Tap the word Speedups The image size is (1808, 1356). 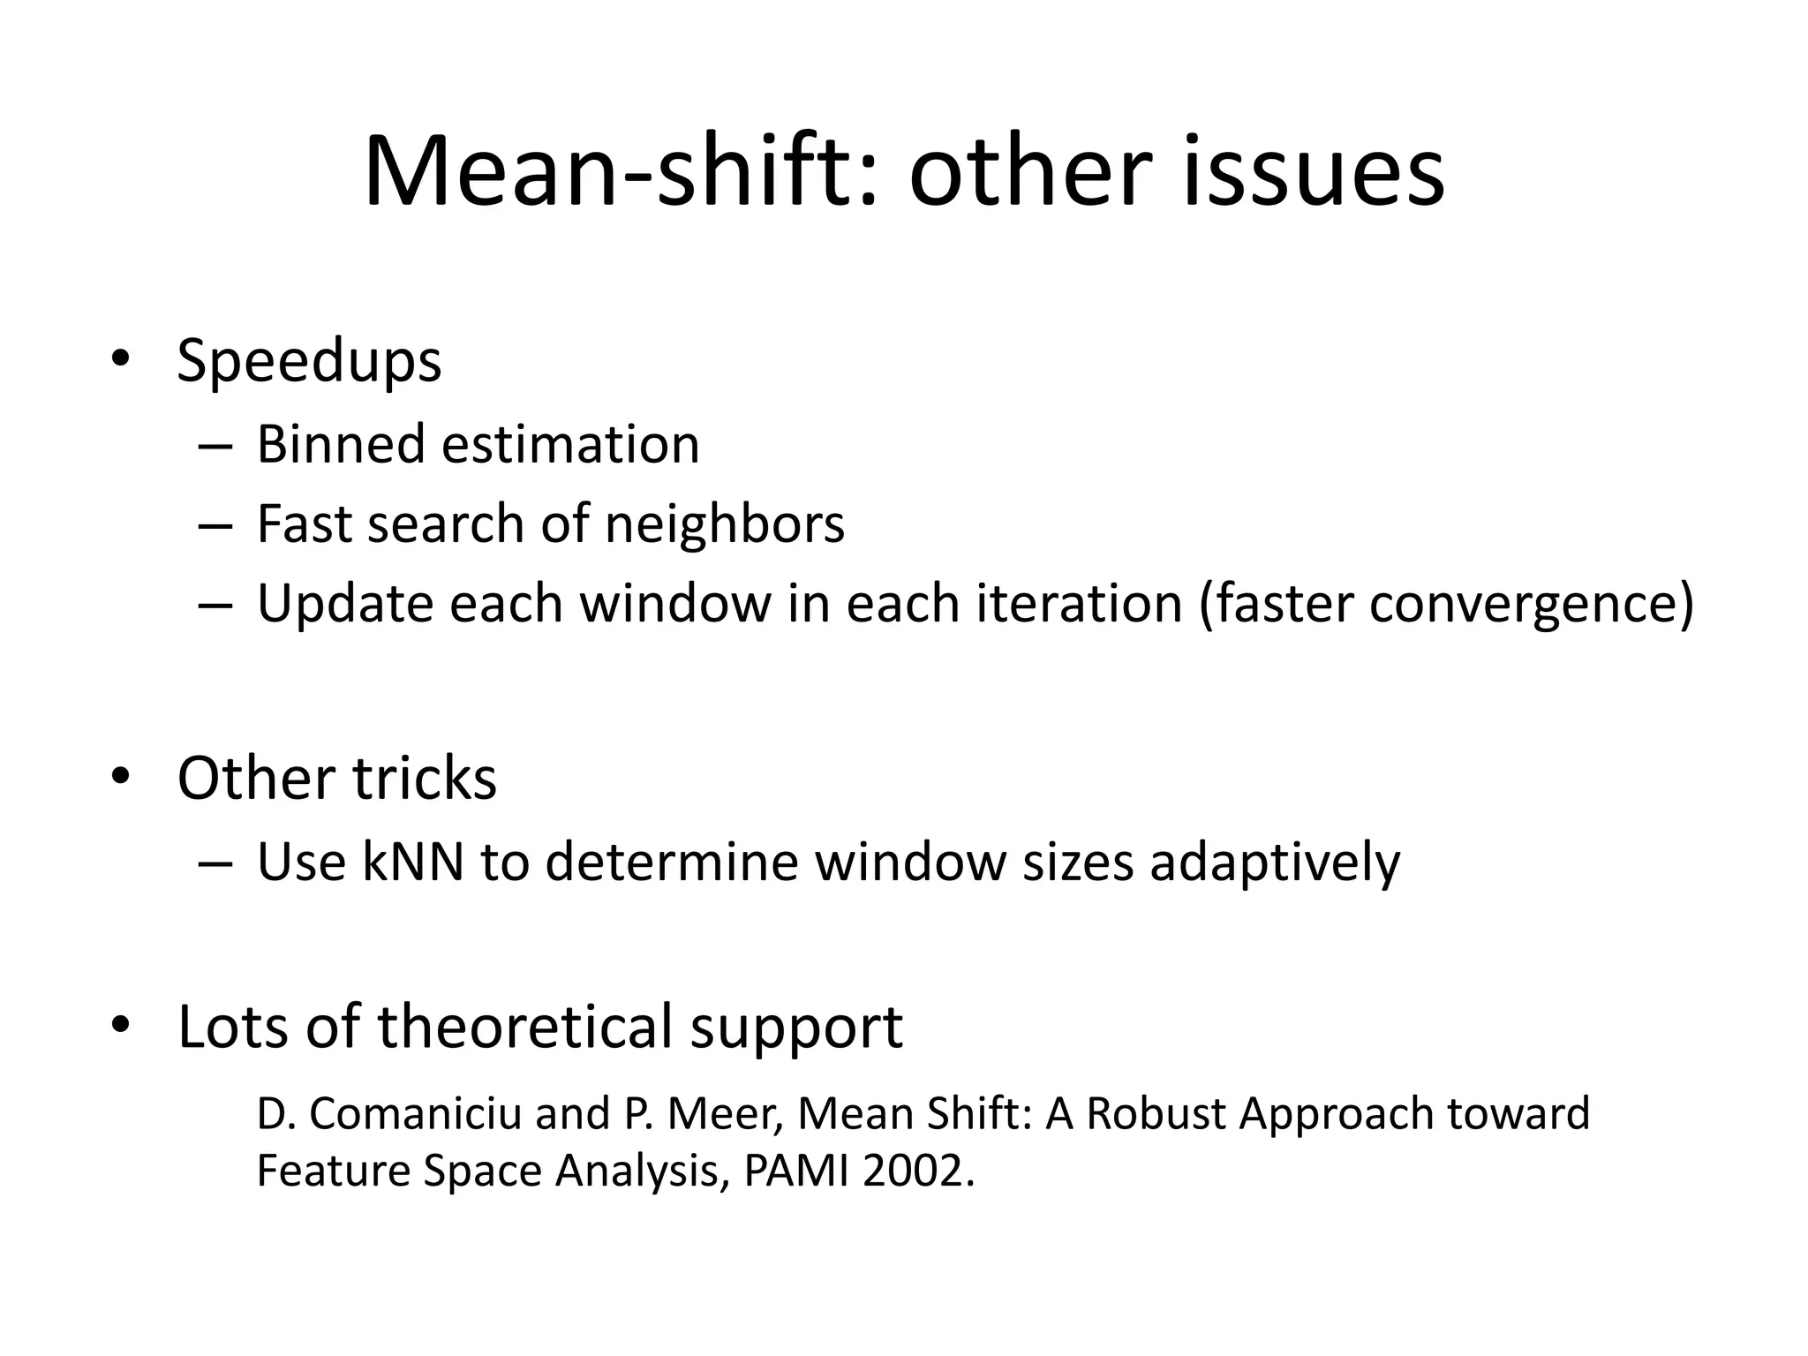pyautogui.click(x=309, y=362)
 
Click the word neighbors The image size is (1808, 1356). pyautogui.click(x=724, y=524)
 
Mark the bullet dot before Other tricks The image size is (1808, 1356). pyautogui.click(x=121, y=776)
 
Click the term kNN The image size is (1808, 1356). pyautogui.click(x=412, y=862)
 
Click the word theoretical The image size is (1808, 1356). pyautogui.click(x=525, y=1027)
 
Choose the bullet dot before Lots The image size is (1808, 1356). pyautogui.click(x=121, y=1025)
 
